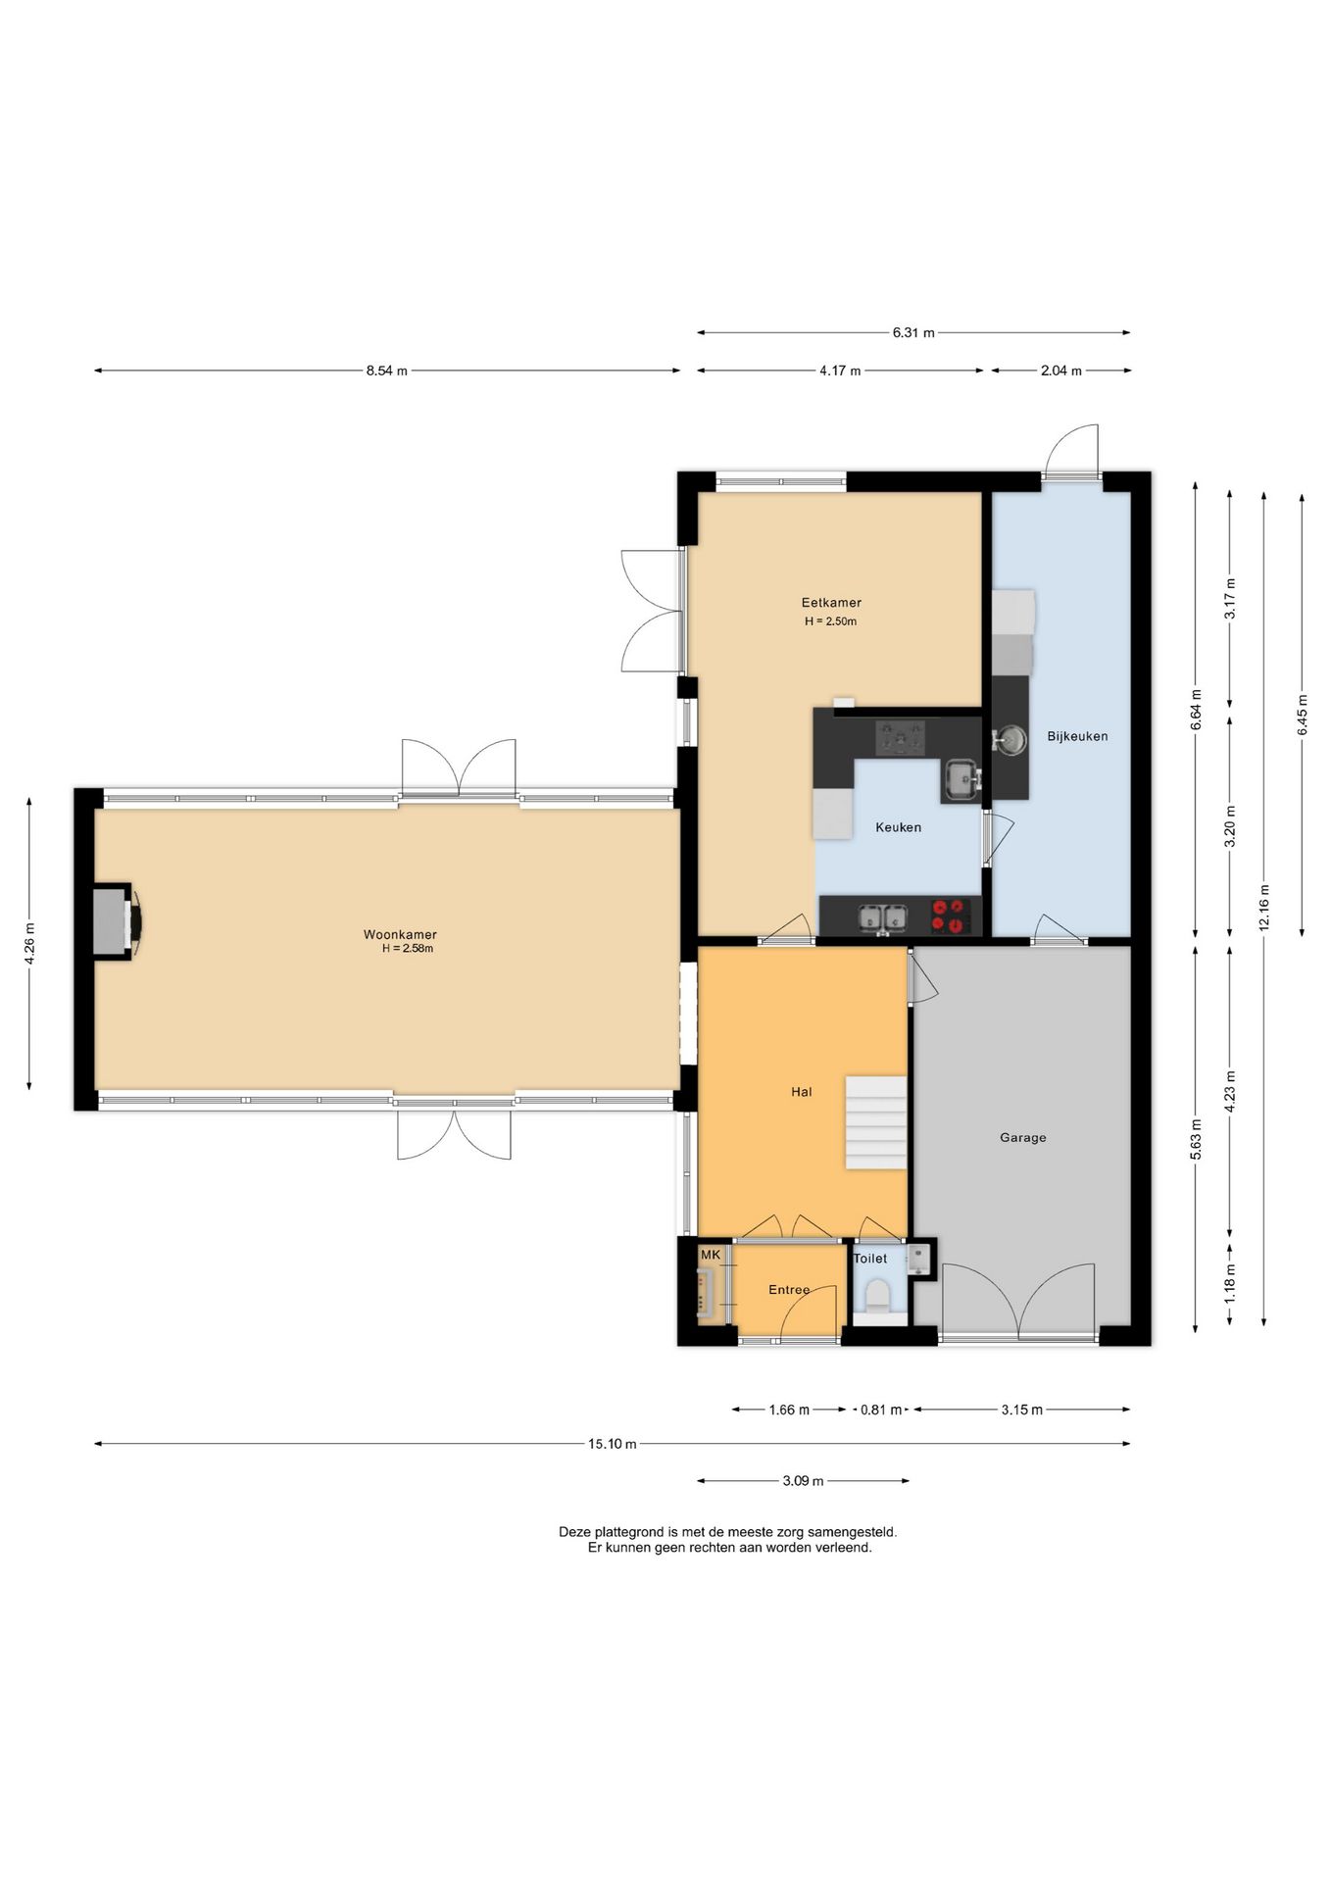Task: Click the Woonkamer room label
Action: pyautogui.click(x=400, y=934)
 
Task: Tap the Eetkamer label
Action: pyautogui.click(x=831, y=603)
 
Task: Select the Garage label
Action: pyautogui.click(x=1022, y=1138)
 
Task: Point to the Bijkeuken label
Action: pyautogui.click(x=1077, y=736)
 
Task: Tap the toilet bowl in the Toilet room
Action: pyautogui.click(x=877, y=1295)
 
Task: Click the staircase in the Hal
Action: pyautogui.click(x=876, y=1122)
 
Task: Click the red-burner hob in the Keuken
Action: pyautogui.click(x=951, y=916)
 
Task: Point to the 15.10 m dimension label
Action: pyautogui.click(x=612, y=1444)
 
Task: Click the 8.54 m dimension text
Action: pyautogui.click(x=386, y=371)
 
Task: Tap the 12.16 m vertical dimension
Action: pyautogui.click(x=1264, y=908)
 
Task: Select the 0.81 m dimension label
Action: pyautogui.click(x=880, y=1410)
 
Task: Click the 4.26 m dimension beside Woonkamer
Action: pyautogui.click(x=29, y=944)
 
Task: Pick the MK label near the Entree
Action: pyautogui.click(x=711, y=1255)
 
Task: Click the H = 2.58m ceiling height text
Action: pyautogui.click(x=408, y=949)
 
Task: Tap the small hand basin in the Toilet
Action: pyautogui.click(x=918, y=1258)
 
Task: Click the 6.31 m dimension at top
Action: pyautogui.click(x=912, y=332)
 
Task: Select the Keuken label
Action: pyautogui.click(x=898, y=827)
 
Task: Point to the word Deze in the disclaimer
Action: pyautogui.click(x=574, y=1531)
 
